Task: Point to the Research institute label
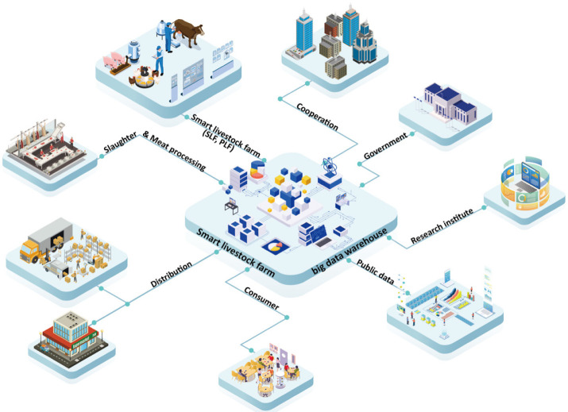pyautogui.click(x=442, y=225)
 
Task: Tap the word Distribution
pyautogui.click(x=172, y=272)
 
